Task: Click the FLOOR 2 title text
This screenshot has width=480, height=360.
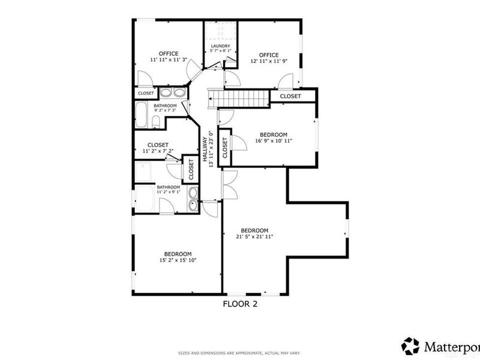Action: tap(240, 304)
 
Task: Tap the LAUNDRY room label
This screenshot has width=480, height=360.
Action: tap(220, 46)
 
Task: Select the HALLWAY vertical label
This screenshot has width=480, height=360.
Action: tap(204, 151)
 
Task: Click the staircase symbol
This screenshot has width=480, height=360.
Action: tap(238, 98)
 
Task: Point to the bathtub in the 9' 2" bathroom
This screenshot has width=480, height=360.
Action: tap(142, 115)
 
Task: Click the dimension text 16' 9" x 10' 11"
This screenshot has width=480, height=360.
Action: tap(274, 141)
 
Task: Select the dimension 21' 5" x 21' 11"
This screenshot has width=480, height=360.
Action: tap(254, 237)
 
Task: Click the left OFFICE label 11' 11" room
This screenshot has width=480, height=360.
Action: tap(169, 54)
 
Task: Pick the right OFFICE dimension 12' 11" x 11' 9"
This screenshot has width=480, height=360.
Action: tap(269, 61)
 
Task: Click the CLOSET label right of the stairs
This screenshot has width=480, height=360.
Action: tap(290, 96)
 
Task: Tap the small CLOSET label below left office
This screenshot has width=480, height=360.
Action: tap(146, 93)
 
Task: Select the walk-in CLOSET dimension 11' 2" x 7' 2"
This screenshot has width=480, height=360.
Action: tap(158, 152)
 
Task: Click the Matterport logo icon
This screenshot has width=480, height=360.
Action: tap(410, 346)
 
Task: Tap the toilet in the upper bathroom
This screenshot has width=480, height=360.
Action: tap(155, 122)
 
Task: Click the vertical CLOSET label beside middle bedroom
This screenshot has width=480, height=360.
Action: tap(224, 148)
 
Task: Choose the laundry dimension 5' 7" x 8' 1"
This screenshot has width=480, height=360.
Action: tap(220, 52)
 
